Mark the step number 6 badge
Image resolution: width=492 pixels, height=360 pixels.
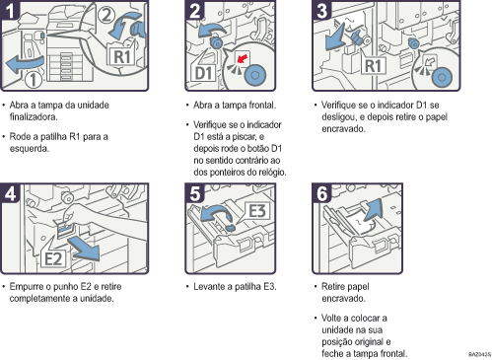[321, 194]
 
